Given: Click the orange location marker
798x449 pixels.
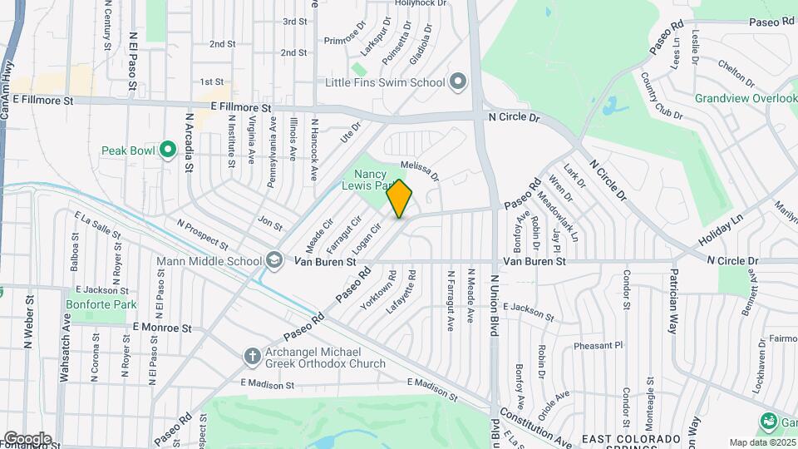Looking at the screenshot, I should [399, 198].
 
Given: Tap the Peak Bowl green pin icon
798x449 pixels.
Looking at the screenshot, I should [168, 150].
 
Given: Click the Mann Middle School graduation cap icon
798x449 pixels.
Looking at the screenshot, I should [273, 261].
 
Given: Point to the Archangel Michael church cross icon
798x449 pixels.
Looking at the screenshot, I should [253, 357].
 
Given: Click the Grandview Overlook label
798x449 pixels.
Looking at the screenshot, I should [746, 98].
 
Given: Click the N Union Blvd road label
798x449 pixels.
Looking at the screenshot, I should [493, 305].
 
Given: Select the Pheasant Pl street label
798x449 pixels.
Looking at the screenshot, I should [597, 345].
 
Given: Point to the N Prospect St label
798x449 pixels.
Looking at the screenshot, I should [202, 234].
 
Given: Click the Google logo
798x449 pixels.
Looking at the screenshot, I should [27, 438].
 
